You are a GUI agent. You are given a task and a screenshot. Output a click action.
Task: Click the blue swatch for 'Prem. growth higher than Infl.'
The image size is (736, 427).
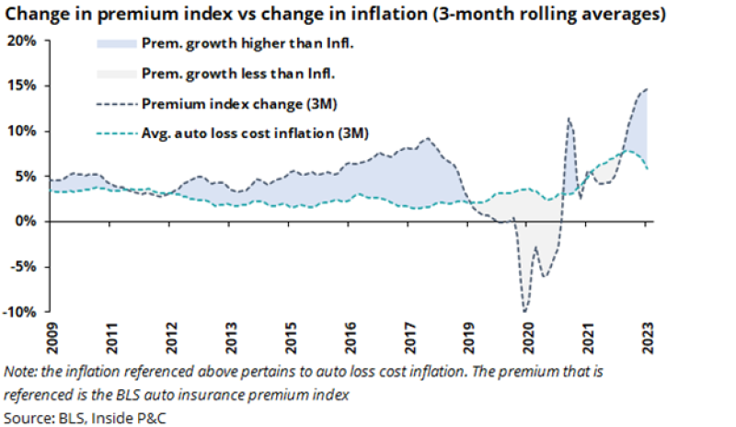point(117,44)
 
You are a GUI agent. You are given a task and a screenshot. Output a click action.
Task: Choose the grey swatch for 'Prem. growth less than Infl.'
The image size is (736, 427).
point(117,74)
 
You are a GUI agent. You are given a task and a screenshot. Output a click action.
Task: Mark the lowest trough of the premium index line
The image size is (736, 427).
point(524,312)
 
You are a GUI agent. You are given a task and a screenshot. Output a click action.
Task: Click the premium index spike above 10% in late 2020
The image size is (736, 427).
point(569,119)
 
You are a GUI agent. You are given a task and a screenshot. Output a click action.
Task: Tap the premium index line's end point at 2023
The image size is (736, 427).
point(647,89)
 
